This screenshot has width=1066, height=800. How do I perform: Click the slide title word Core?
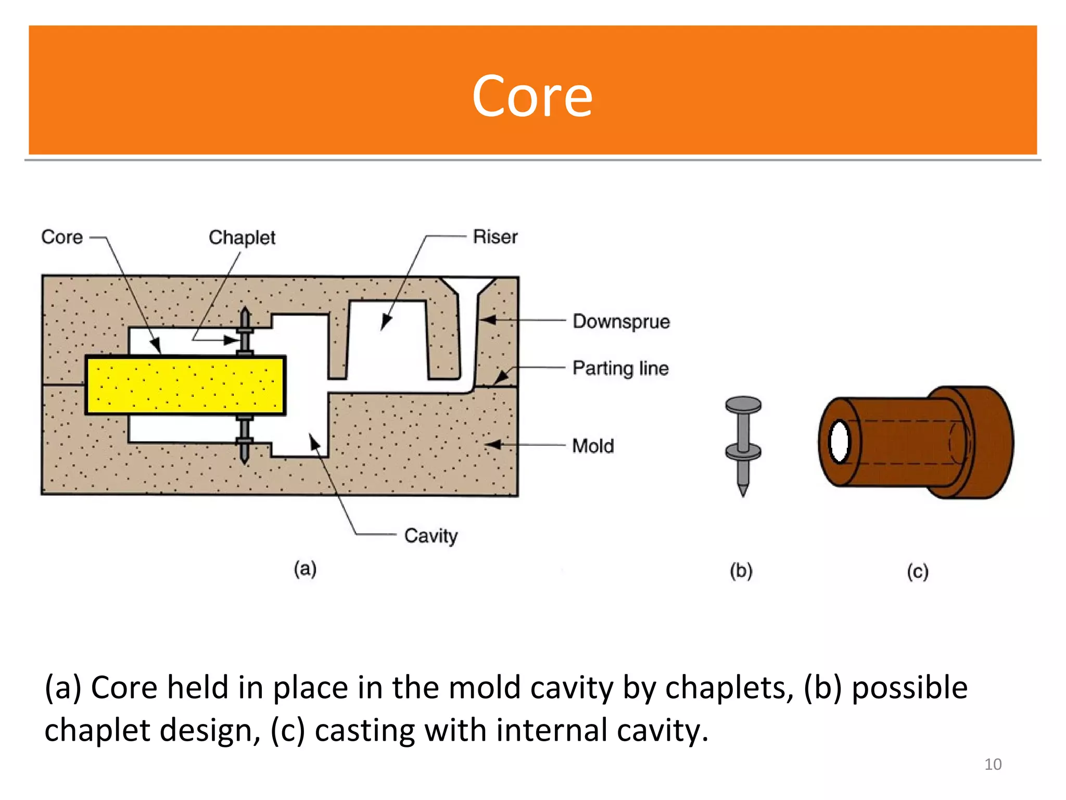coord(532,97)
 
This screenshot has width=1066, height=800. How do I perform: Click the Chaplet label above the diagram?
coord(242,238)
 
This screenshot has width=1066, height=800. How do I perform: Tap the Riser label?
coord(494,237)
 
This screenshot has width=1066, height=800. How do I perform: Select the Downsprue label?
coord(621,321)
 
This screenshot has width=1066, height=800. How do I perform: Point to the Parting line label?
coord(620,368)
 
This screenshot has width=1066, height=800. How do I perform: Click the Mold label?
coord(593,446)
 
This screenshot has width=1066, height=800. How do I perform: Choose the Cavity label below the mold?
coord(430,536)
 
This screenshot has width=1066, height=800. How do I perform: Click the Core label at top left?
coord(62,237)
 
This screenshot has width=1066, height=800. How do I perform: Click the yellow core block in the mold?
coord(185,385)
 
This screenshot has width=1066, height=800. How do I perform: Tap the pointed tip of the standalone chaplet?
coord(743,491)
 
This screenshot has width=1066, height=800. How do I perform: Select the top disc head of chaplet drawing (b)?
coord(743,404)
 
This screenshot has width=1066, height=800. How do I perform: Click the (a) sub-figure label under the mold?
coord(305,568)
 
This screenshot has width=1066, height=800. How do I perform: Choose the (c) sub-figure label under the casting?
coord(917,571)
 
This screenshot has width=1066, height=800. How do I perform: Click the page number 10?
coord(993,764)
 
